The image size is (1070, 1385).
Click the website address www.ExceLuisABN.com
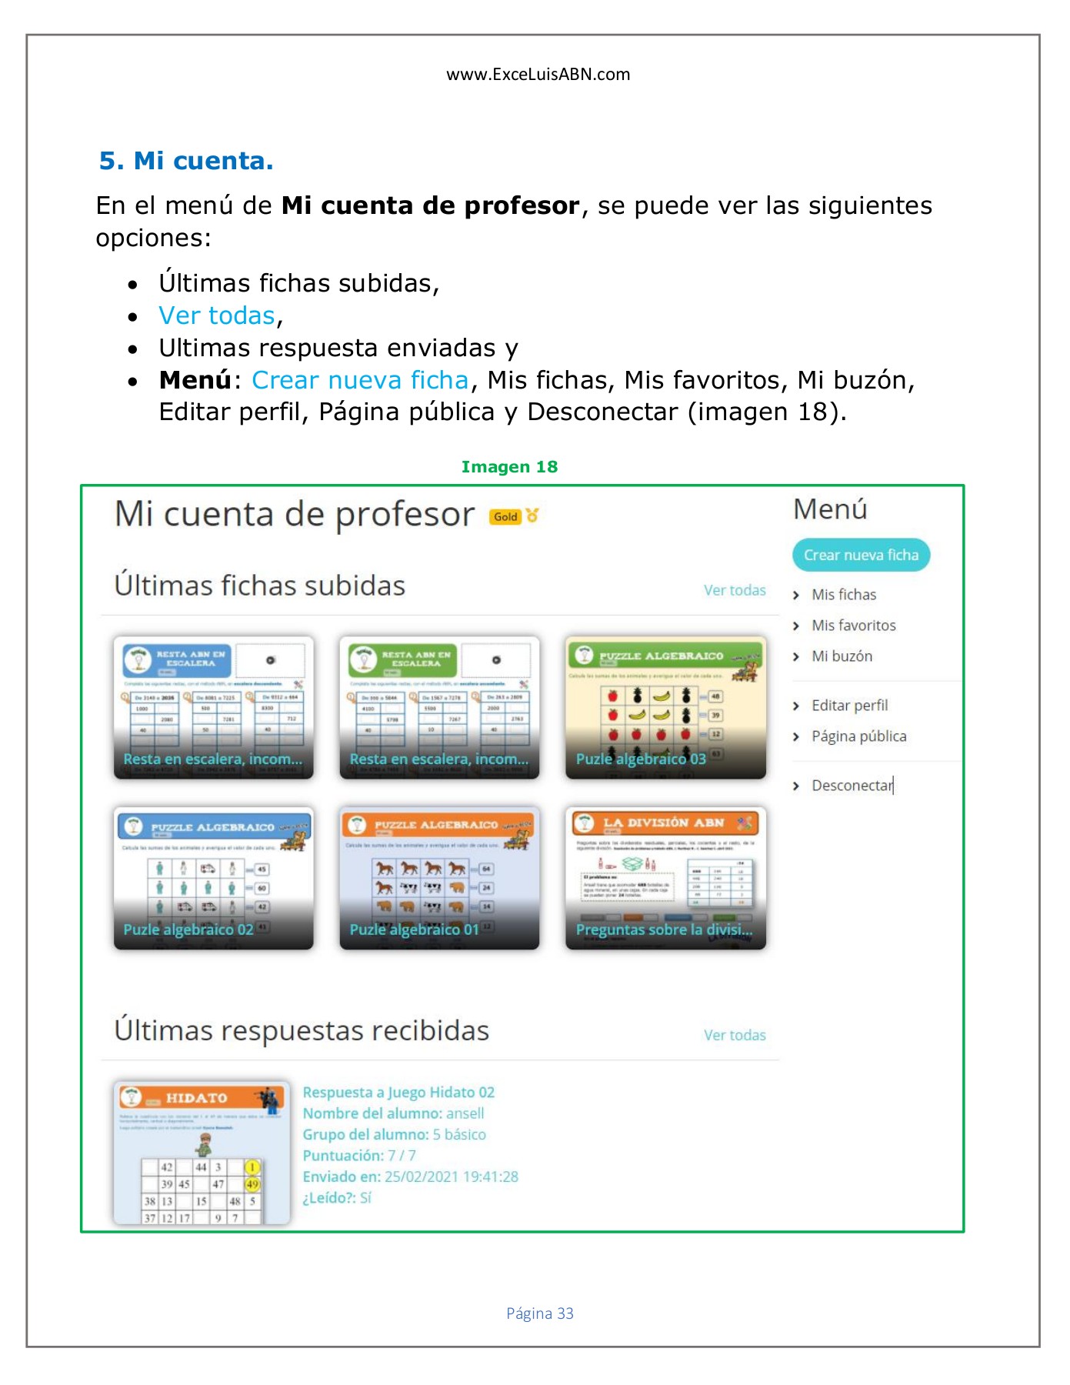click(538, 75)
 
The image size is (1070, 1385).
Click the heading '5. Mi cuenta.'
click(186, 161)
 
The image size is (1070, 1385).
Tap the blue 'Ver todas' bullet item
click(216, 315)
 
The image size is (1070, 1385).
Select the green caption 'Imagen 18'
click(509, 467)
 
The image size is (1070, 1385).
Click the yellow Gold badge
click(505, 517)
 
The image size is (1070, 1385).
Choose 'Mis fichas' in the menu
click(844, 595)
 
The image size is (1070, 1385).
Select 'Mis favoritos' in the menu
click(853, 626)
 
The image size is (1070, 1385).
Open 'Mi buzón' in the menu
click(842, 656)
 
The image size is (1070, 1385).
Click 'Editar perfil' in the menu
click(849, 706)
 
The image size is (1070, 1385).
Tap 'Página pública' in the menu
click(858, 736)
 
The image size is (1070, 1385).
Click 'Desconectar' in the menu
click(852, 786)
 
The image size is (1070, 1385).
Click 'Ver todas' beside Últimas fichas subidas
click(735, 590)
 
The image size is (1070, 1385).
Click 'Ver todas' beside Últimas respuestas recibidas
click(735, 1035)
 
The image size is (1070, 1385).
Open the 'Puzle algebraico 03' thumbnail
click(665, 708)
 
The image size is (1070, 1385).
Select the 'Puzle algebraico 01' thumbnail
click(439, 878)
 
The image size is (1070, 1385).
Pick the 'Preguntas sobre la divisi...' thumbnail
click(665, 878)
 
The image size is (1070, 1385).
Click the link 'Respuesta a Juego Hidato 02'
click(398, 1093)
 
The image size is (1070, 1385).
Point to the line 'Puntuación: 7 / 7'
click(359, 1156)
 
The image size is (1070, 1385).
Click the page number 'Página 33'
click(539, 1313)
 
